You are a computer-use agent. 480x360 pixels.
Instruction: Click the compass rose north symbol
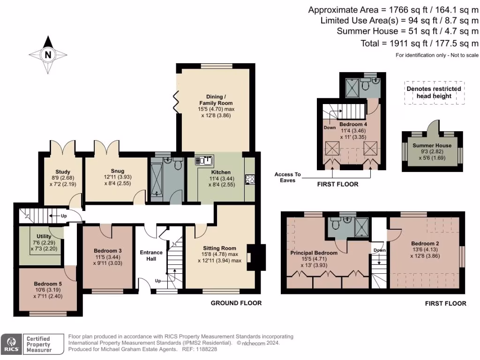click(x=47, y=55)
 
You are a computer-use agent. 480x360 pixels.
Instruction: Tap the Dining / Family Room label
click(x=216, y=100)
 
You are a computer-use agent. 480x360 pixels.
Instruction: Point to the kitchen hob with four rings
click(x=250, y=179)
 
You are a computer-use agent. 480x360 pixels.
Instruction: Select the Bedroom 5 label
click(x=47, y=284)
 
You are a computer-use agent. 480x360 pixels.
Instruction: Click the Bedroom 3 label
click(x=107, y=251)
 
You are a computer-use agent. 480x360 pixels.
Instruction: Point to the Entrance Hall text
click(x=151, y=256)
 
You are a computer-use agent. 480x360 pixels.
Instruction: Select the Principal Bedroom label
click(x=314, y=253)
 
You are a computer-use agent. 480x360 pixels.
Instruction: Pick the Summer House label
click(x=432, y=145)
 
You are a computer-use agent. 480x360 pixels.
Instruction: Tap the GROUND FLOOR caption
click(x=236, y=303)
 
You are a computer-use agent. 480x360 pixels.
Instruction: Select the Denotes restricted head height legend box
click(x=434, y=92)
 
